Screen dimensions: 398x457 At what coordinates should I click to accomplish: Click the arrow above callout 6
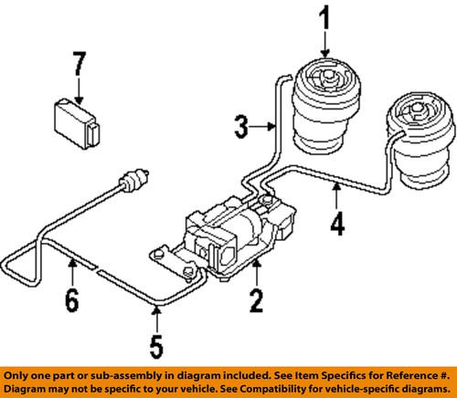[x=71, y=268]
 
